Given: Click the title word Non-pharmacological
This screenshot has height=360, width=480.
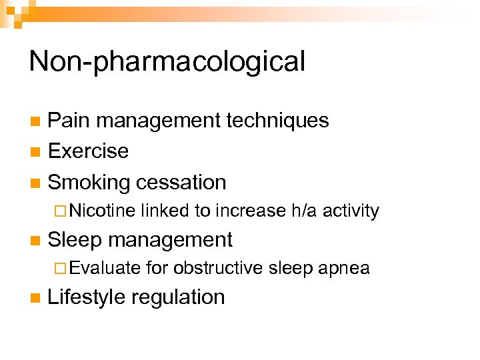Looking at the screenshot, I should click(x=167, y=62).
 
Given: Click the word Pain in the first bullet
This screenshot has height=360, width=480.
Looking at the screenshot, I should click(x=68, y=121).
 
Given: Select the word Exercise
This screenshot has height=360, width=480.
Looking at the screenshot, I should click(x=88, y=151).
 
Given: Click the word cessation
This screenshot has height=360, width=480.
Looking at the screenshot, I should click(x=181, y=182).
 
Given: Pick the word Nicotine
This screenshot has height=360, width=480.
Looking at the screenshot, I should click(x=102, y=211).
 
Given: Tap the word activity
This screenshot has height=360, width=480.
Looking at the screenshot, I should click(x=351, y=211).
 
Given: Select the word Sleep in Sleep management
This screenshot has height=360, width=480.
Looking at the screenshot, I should click(x=78, y=239).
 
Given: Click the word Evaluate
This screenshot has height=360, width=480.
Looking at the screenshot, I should click(x=105, y=269).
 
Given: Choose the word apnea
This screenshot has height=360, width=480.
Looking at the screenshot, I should click(x=344, y=269).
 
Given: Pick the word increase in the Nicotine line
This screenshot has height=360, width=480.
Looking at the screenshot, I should click(x=251, y=211).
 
